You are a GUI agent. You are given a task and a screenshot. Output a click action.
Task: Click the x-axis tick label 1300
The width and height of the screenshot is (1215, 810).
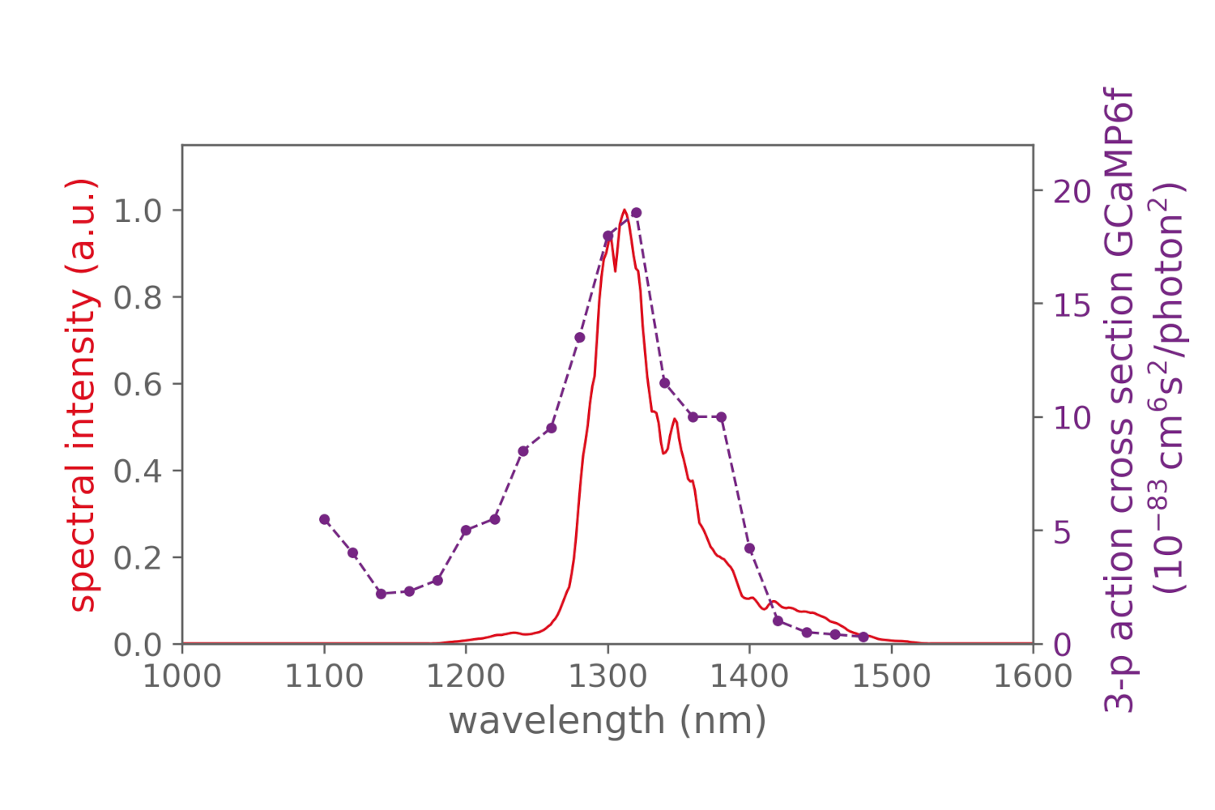tap(607, 676)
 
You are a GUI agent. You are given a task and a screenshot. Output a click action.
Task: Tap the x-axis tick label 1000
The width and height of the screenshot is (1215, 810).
tap(182, 676)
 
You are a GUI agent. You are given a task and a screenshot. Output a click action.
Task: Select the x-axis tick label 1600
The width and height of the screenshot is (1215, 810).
tap(1033, 676)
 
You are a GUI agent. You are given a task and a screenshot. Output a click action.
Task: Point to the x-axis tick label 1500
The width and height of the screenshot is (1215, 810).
tap(891, 676)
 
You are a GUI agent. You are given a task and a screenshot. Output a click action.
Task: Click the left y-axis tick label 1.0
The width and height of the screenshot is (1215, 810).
tap(137, 211)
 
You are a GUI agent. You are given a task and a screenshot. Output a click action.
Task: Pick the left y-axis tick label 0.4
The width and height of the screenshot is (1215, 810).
tap(137, 471)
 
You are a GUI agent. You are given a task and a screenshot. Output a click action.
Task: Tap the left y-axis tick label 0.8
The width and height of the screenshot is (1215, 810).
tap(137, 298)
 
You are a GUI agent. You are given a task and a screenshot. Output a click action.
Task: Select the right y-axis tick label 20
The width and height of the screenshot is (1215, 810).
tap(1072, 192)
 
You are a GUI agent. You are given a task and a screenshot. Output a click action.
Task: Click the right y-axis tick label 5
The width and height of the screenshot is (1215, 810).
tap(1062, 532)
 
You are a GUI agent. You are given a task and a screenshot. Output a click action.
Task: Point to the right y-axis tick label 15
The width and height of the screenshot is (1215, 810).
tap(1072, 305)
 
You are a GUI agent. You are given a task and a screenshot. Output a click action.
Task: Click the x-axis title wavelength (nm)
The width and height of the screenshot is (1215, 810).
tap(607, 720)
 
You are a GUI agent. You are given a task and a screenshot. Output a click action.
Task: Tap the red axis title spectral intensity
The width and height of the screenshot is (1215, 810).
tap(83, 394)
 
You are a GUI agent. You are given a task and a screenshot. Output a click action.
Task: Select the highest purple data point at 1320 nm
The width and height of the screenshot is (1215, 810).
tap(636, 213)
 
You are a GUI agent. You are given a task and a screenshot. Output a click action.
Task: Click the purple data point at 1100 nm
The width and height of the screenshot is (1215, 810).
tap(324, 519)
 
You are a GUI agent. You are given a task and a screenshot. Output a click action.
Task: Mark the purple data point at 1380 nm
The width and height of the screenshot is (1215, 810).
tap(721, 417)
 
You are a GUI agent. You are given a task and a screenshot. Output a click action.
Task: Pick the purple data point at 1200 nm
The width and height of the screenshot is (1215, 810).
tap(466, 531)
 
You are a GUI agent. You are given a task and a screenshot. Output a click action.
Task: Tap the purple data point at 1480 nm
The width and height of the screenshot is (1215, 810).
tap(863, 637)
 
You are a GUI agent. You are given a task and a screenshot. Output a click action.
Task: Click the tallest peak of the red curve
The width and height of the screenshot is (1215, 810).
tap(625, 211)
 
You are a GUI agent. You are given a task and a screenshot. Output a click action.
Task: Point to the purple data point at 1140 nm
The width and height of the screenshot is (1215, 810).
tap(381, 594)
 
